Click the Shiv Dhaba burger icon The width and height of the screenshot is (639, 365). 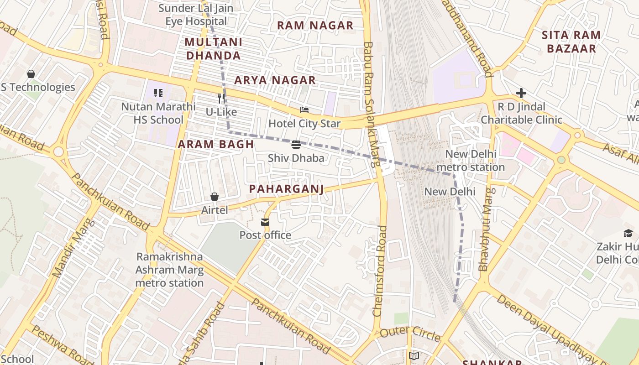(x=296, y=145)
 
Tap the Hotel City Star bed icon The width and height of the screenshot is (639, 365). (x=304, y=110)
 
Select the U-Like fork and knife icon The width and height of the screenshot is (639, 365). (x=221, y=98)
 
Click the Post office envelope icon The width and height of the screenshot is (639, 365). (x=265, y=222)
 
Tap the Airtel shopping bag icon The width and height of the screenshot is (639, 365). (x=214, y=197)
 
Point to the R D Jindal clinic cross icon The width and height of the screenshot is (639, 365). (x=521, y=94)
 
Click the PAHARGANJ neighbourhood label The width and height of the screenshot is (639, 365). (x=286, y=189)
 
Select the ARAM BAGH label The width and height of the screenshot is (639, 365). (x=215, y=145)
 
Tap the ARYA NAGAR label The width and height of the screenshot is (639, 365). (x=275, y=80)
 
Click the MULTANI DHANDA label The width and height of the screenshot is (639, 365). (x=213, y=49)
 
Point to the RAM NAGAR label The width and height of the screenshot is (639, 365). (x=315, y=26)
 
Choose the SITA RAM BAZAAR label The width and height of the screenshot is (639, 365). (x=571, y=42)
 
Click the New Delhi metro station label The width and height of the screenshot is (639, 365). (x=471, y=161)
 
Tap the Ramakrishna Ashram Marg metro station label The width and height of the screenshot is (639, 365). (x=169, y=270)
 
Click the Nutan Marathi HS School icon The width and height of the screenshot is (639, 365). (x=158, y=94)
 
